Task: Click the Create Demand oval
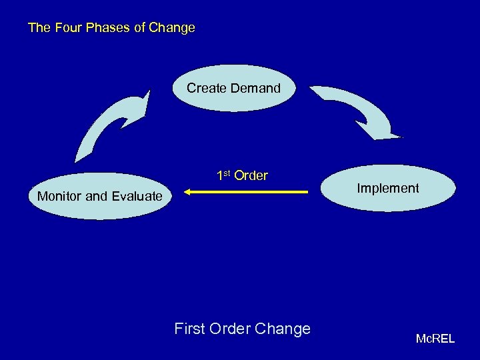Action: [x=233, y=87]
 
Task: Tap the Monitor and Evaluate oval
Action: [x=100, y=196]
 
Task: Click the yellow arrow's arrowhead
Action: [x=189, y=193]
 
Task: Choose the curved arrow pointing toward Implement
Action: [x=360, y=110]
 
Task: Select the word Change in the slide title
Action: [x=172, y=28]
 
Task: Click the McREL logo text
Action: [x=435, y=339]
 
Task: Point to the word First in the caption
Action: [x=189, y=329]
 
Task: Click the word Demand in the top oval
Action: [x=255, y=88]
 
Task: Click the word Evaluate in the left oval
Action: [x=137, y=196]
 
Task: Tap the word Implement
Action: [x=388, y=189]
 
